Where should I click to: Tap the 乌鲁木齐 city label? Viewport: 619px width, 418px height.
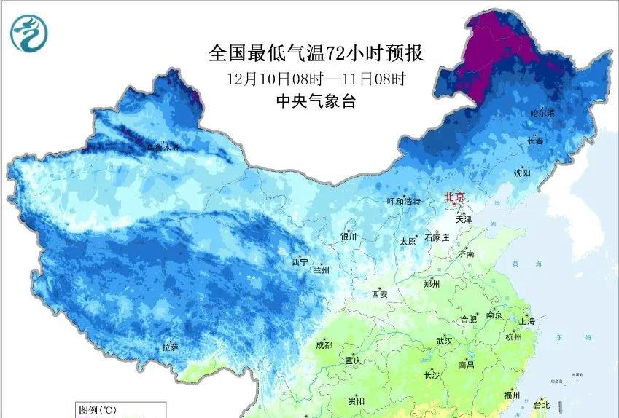(161, 148)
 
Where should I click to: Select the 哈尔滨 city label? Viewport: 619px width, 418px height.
(542, 114)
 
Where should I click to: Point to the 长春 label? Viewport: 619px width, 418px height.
(535, 141)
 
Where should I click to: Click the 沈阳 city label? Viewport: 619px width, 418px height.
(522, 173)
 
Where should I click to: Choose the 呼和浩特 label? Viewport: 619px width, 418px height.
(403, 202)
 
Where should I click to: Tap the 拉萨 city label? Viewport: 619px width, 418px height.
(171, 348)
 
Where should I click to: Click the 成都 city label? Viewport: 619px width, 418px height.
(324, 345)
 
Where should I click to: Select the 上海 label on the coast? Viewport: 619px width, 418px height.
(526, 321)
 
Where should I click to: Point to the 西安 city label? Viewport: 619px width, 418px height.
(380, 294)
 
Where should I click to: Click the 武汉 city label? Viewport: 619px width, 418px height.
(444, 341)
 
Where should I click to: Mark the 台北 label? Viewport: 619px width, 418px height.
(541, 405)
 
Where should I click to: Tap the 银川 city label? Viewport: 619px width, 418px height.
(348, 237)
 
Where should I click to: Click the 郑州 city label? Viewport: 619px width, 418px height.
(432, 285)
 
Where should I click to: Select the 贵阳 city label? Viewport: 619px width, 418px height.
(357, 401)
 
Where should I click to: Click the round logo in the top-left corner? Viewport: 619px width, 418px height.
(30, 32)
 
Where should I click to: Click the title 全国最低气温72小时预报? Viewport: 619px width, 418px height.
(316, 54)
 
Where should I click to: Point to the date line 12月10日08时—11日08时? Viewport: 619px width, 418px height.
(316, 78)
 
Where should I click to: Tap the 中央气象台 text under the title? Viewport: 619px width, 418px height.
(316, 102)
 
